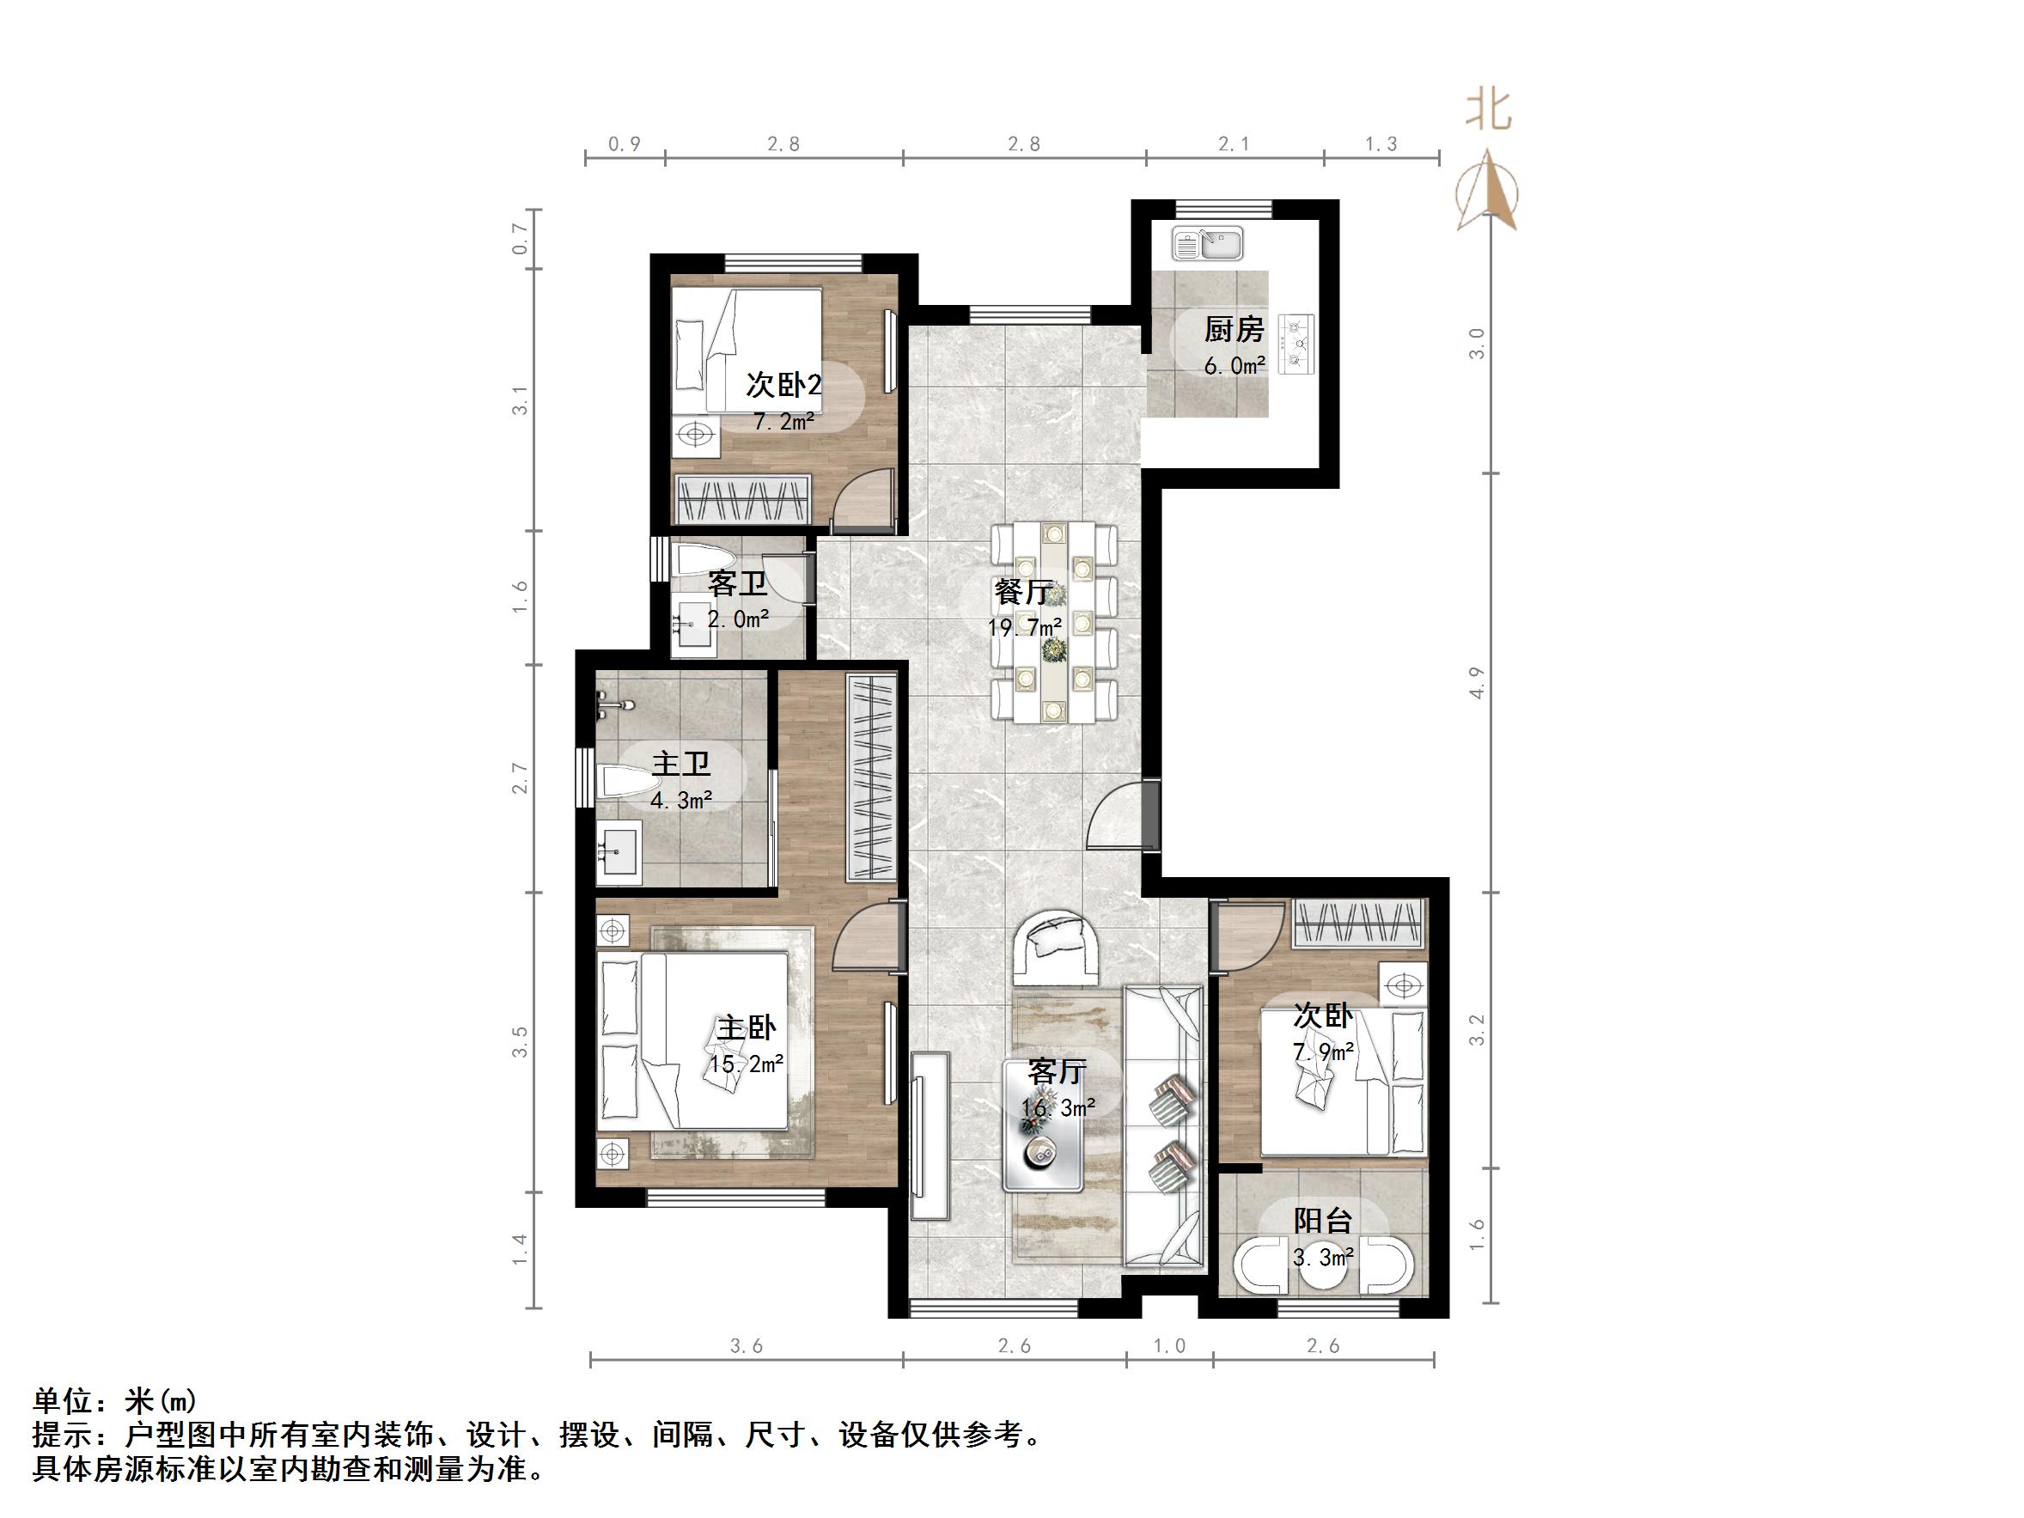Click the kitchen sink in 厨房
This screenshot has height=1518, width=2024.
(1208, 244)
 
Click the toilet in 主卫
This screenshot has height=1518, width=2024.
(629, 783)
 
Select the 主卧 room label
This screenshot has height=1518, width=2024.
(746, 1028)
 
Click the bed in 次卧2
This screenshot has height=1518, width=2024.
(746, 352)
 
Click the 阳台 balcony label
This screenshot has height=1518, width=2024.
(1322, 1221)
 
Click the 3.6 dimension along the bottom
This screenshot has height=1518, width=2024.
(747, 1346)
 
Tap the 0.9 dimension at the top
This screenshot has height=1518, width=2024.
(624, 143)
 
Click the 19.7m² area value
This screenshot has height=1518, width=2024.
(1025, 628)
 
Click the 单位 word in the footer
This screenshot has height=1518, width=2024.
(63, 1401)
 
